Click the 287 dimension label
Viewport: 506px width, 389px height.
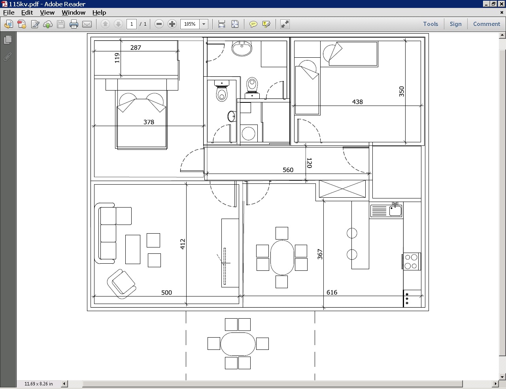coord(136,47)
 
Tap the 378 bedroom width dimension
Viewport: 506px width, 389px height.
coord(149,122)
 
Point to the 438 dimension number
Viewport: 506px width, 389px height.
coord(357,102)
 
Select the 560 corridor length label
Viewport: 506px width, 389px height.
coord(288,170)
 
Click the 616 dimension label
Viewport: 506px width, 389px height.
coord(332,293)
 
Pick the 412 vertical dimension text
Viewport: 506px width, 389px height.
coord(183,244)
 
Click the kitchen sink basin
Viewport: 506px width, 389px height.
coord(395,211)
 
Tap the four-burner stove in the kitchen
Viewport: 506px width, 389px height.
coord(411,261)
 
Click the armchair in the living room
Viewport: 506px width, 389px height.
coord(121,284)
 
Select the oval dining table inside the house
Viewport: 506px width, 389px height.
coord(282,257)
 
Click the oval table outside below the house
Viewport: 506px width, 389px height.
coord(238,344)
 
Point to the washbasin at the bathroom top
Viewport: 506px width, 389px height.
coord(242,48)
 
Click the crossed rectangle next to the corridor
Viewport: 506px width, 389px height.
coord(342,189)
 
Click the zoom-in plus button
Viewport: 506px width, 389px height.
coord(172,24)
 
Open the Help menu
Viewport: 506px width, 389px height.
coord(99,13)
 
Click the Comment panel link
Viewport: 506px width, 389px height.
coord(487,24)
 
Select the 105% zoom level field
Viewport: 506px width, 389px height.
coord(190,24)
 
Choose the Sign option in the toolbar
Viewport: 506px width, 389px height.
coord(455,24)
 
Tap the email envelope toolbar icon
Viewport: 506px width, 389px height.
coord(87,24)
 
